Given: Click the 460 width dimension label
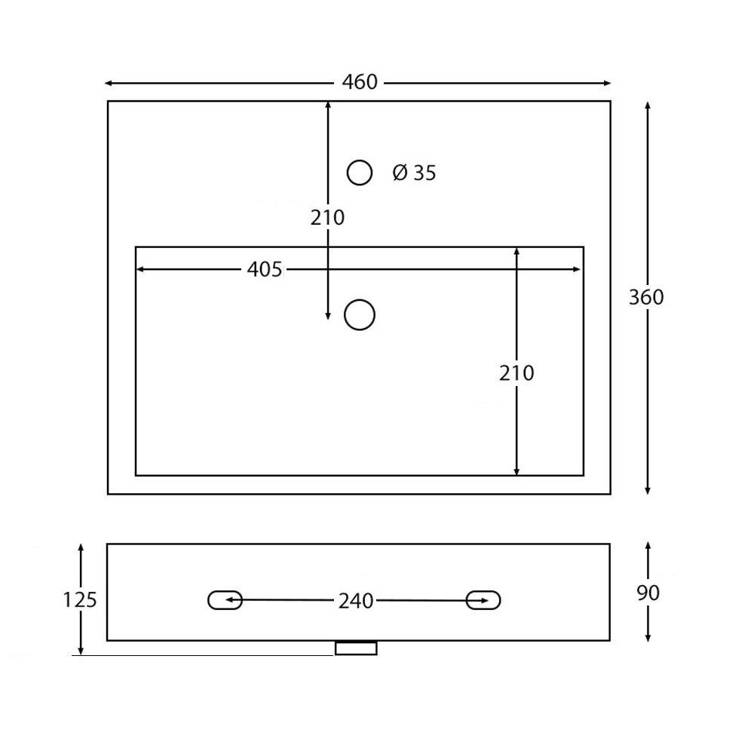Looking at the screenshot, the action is pos(360,82).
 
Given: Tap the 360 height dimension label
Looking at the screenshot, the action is pos(646,297).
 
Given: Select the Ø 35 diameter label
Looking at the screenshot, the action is pos(414,173).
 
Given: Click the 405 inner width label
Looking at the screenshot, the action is pos(265,269).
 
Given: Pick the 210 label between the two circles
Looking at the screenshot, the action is pos(327,218).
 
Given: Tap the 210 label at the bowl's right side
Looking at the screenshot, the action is pos(516,373).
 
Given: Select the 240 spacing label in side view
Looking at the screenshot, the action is pos(356,601).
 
